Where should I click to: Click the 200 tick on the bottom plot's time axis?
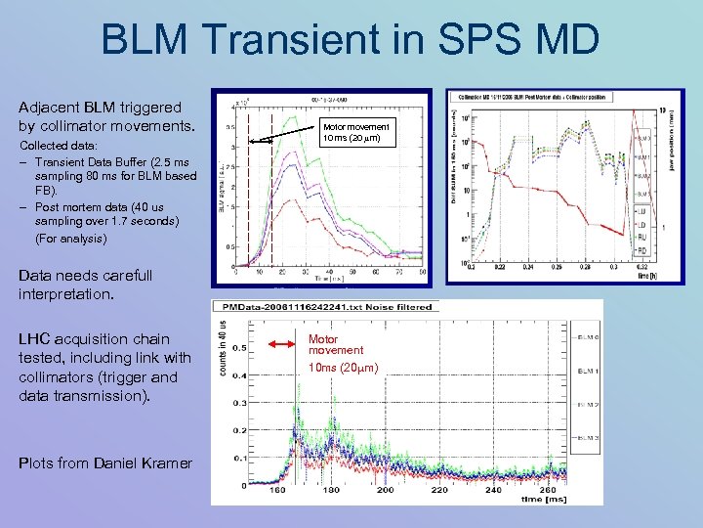tap(387, 489)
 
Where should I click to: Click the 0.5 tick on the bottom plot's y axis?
tap(237, 347)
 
